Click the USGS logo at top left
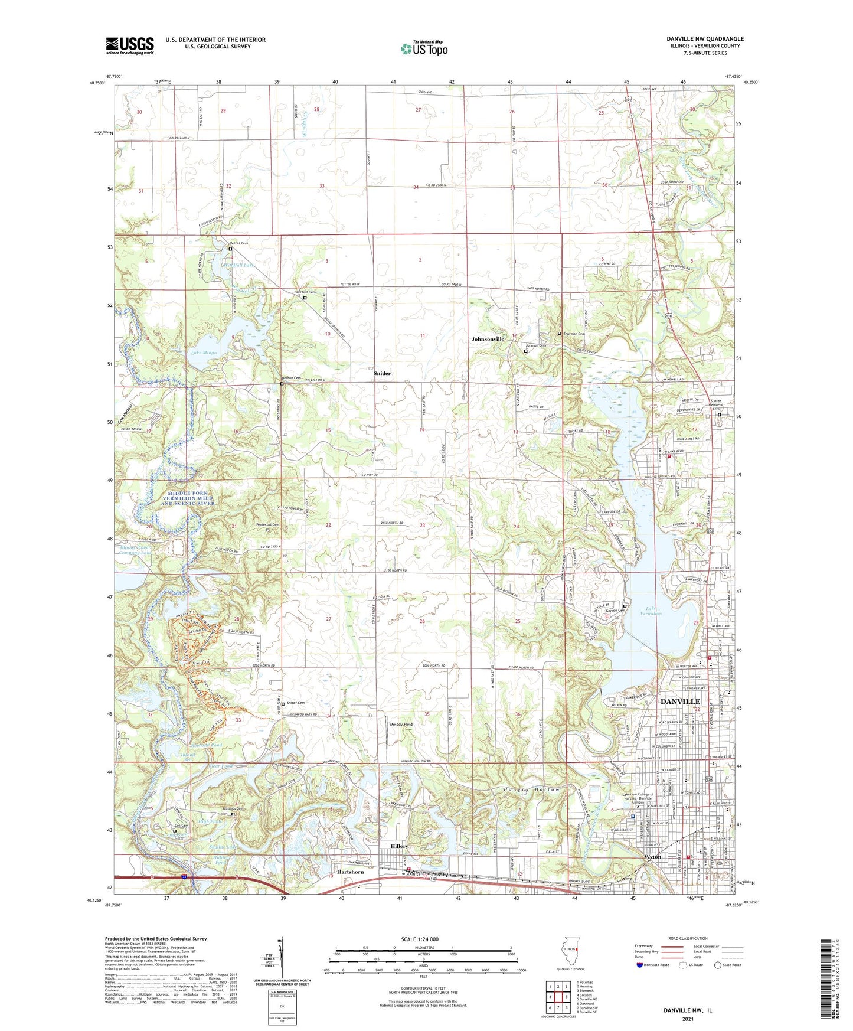coord(130,45)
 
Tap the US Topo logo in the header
coord(424,48)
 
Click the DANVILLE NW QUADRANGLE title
coord(705,39)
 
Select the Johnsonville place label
coord(487,340)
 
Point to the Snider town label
coord(382,374)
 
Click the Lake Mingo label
coord(204,353)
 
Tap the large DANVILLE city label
coord(679,701)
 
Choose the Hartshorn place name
coord(350,872)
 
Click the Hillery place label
coord(399,846)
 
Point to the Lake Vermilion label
coord(653,611)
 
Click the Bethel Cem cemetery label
coord(239,243)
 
